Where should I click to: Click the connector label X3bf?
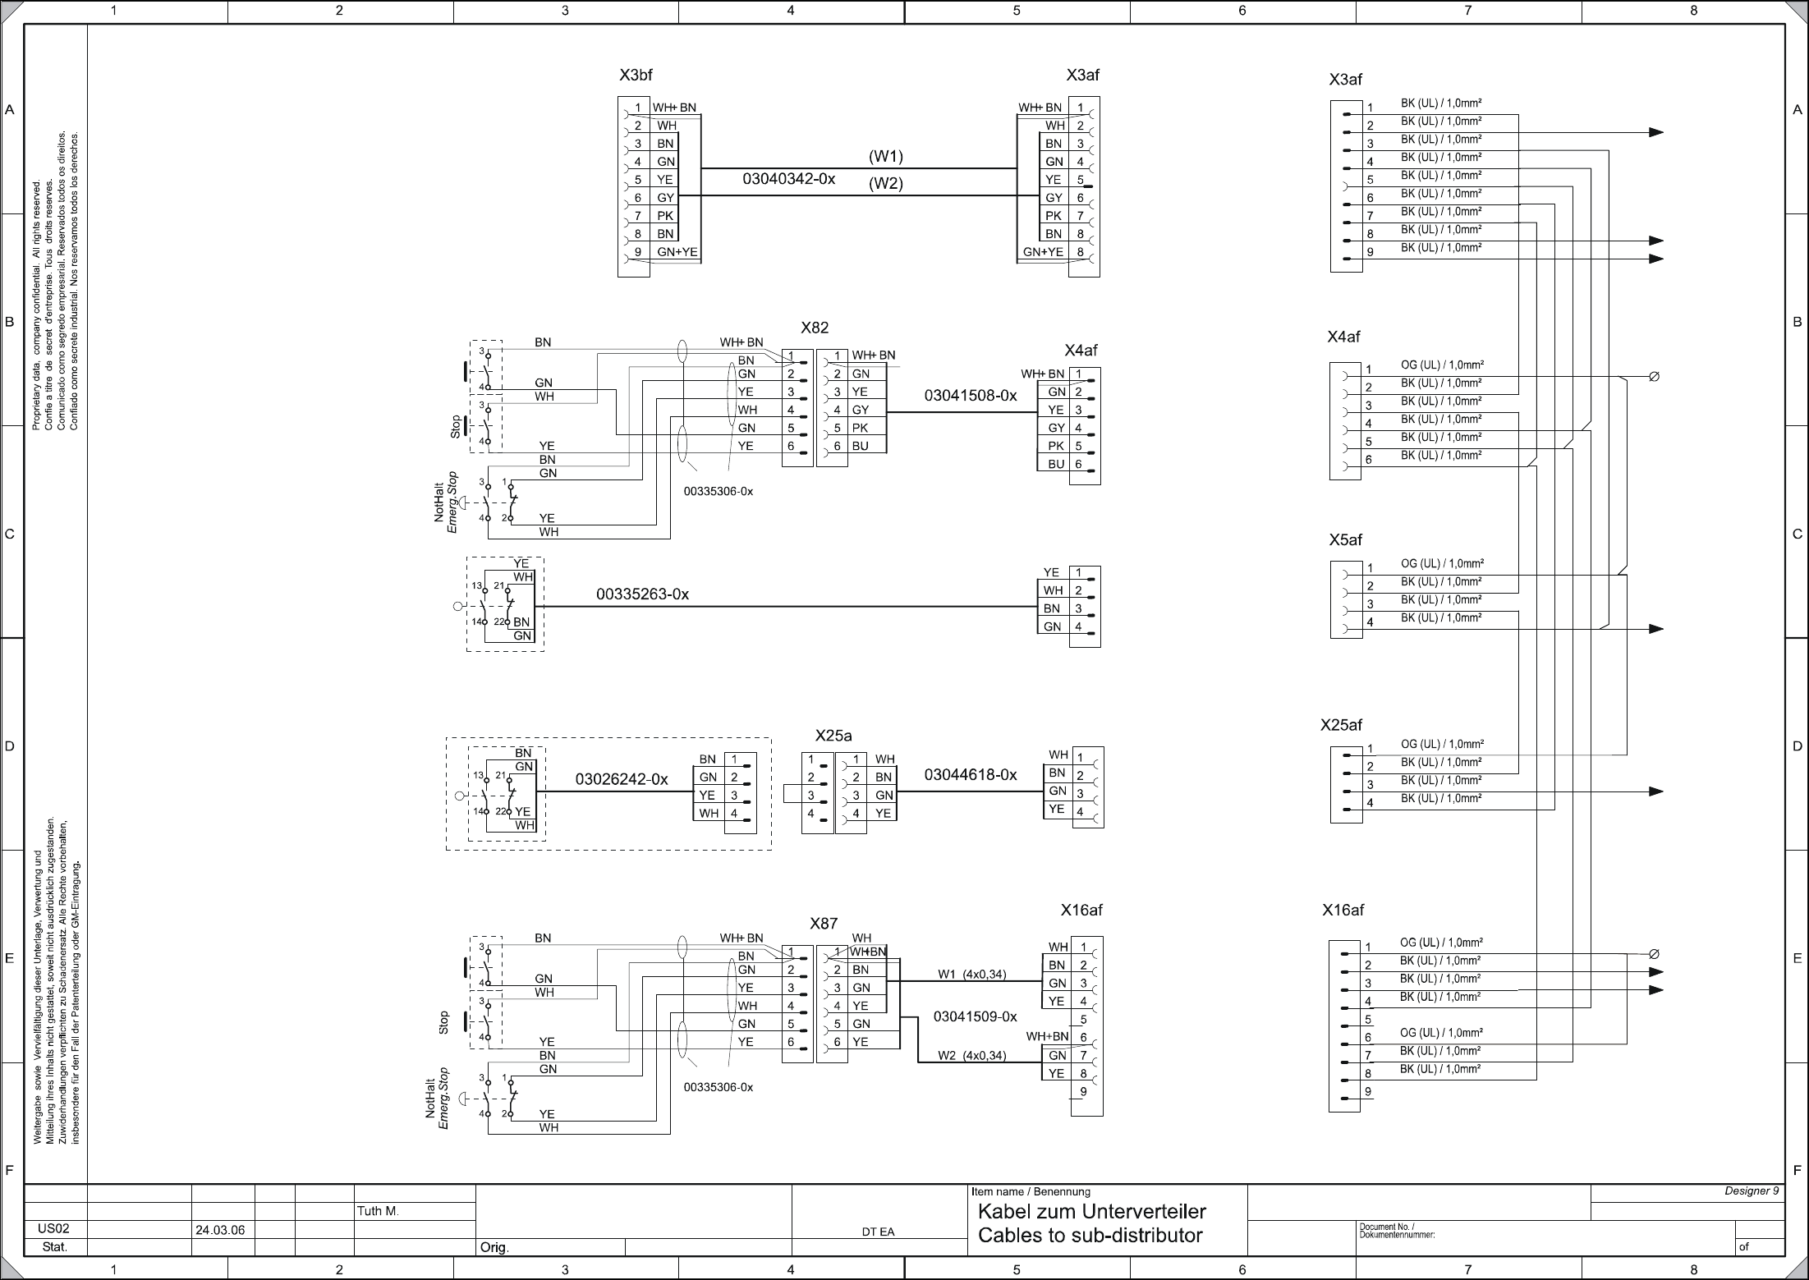[x=636, y=76]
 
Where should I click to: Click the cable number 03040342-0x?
[x=788, y=179]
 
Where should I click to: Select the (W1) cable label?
[x=885, y=156]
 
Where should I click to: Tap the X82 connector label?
[x=815, y=328]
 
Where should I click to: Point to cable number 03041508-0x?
[x=971, y=396]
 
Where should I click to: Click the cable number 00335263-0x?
[x=642, y=594]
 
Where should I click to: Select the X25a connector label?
[x=833, y=736]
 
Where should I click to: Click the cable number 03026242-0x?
[x=622, y=779]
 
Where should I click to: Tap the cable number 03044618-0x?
[x=971, y=775]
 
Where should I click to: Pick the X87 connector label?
[x=824, y=924]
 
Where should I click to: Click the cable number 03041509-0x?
[x=975, y=1016]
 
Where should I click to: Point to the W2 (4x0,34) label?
[x=971, y=1056]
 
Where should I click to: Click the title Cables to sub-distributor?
[x=1090, y=1236]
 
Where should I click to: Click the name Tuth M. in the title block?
[x=378, y=1211]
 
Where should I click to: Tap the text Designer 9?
[x=1751, y=1191]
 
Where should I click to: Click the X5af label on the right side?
[x=1345, y=540]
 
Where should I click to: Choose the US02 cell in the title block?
[x=53, y=1230]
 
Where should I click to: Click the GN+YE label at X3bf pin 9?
[x=677, y=252]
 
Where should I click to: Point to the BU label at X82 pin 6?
[x=860, y=446]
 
